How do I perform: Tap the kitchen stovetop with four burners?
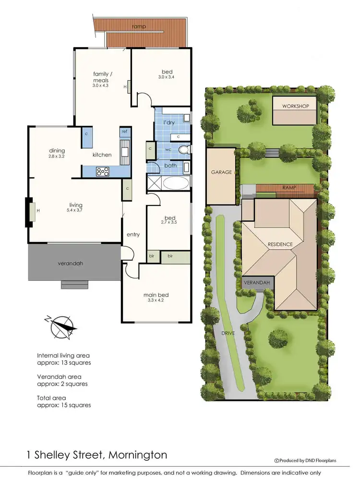pos(103,170)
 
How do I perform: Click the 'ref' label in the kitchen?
pos(124,131)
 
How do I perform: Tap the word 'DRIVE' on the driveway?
pos(228,332)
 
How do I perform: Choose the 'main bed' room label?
pos(156,295)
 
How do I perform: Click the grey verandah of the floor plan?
pos(74,262)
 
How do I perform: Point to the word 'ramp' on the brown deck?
pos(140,26)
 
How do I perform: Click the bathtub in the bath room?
pos(176,182)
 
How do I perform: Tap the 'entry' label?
pos(133,234)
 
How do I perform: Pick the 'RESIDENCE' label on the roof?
pos(280,244)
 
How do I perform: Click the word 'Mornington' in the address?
pos(138,454)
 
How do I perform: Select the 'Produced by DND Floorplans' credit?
pos(305,460)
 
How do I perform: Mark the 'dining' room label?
pos(57,151)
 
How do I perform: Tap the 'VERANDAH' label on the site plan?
pos(258,283)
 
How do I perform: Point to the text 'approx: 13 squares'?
pos(64,363)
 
